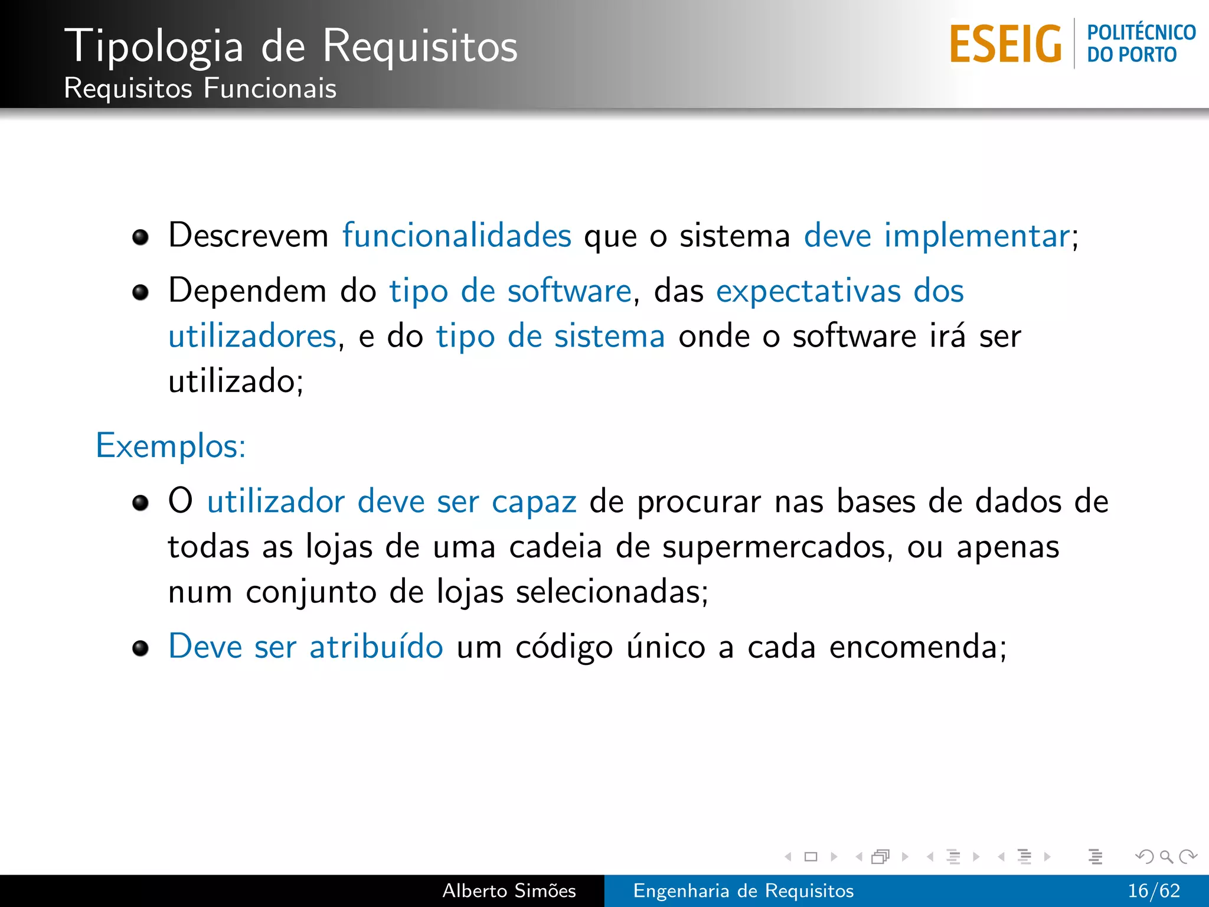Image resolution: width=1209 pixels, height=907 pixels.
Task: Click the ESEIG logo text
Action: [x=1005, y=44]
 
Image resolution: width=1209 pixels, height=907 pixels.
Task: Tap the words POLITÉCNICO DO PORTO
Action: [x=1141, y=44]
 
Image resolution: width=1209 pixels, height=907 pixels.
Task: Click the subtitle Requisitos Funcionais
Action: [x=200, y=89]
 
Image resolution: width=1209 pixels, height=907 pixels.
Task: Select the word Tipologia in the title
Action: [x=153, y=46]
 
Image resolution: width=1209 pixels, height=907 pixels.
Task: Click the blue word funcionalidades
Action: [x=457, y=236]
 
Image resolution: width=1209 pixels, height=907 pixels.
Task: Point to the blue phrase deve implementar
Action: [x=937, y=236]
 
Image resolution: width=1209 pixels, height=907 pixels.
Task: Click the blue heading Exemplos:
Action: [x=171, y=446]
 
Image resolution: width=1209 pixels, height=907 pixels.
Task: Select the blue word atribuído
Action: [x=376, y=647]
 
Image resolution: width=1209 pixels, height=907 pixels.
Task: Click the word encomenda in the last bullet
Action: [x=911, y=647]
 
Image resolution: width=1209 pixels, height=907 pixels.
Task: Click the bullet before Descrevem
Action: [x=140, y=237]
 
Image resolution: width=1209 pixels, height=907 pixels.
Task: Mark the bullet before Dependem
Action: [x=140, y=292]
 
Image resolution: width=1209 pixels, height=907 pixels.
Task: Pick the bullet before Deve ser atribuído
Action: [x=140, y=648]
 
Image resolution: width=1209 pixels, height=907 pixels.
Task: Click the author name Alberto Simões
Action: [x=509, y=890]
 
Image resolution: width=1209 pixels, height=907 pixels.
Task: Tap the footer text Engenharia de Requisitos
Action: [x=743, y=890]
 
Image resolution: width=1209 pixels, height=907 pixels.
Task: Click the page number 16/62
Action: [x=1154, y=890]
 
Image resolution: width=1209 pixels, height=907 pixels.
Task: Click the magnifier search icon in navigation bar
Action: [x=1166, y=856]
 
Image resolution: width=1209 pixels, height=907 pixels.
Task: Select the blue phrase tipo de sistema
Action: [x=550, y=337]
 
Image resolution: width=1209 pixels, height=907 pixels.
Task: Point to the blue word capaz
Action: [x=534, y=502]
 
